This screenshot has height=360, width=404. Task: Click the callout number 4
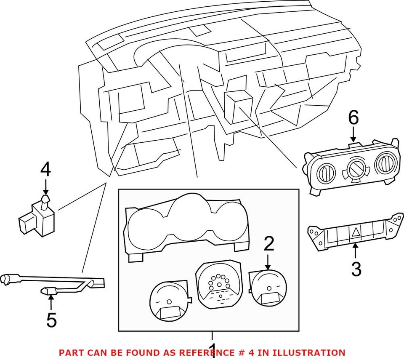coord(45,171)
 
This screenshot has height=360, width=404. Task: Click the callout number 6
coord(353,118)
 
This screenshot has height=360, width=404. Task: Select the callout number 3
coord(356,269)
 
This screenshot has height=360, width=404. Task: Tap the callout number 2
coord(269,243)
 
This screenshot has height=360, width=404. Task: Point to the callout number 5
coord(51,320)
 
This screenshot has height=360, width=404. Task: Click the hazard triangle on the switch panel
coord(356,231)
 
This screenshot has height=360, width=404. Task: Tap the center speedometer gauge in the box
coord(217,281)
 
